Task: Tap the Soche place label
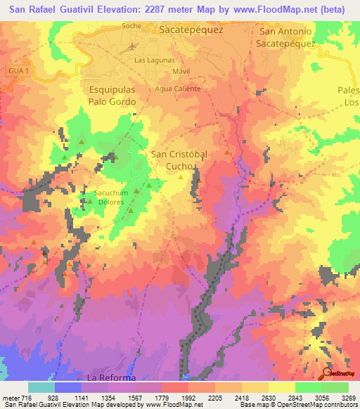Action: click(131, 26)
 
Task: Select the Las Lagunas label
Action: click(155, 60)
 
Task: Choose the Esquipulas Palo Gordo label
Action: click(112, 96)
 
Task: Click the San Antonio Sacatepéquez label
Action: click(286, 37)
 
